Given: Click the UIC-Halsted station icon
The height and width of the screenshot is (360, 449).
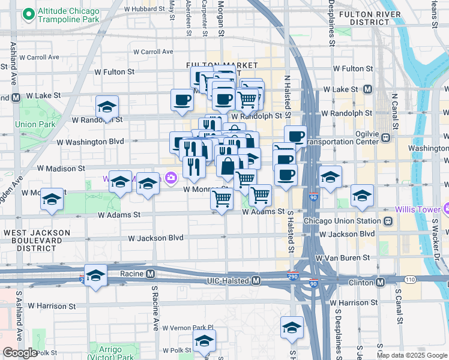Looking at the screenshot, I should (256, 281).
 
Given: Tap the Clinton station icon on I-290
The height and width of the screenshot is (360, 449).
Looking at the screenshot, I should (380, 281).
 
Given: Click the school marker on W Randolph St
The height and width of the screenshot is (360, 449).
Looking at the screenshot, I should (107, 107).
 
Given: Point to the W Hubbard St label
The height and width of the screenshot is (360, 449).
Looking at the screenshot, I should (145, 9).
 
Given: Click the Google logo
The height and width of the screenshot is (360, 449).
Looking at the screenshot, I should (20, 353).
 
